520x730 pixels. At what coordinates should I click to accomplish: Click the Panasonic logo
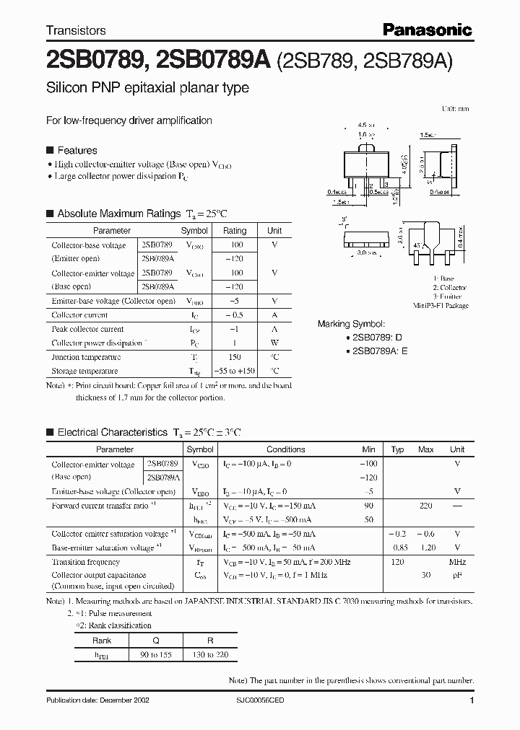point(428,30)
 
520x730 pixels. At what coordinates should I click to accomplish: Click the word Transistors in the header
point(76,30)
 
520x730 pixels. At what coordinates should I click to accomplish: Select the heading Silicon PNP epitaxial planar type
point(147,88)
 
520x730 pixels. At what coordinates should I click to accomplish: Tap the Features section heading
point(77,151)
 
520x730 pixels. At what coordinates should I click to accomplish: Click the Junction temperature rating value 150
point(234,357)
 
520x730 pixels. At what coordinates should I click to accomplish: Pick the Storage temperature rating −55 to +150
point(234,371)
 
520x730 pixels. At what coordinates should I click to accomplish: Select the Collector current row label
point(79,315)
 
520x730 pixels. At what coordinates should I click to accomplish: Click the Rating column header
point(234,231)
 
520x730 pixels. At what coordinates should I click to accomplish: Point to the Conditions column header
point(286,449)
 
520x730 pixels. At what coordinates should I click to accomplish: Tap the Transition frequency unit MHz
point(457,562)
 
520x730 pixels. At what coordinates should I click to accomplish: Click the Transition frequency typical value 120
point(397,562)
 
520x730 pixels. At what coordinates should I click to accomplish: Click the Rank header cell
point(102,641)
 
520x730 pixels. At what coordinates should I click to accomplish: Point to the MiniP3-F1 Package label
point(443,306)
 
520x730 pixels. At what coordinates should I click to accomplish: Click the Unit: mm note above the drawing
point(455,109)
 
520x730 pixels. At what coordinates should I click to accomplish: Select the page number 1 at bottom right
point(472,701)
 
